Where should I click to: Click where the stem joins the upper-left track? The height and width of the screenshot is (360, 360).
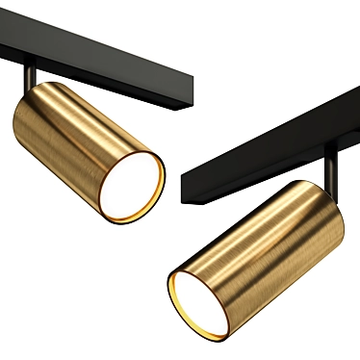[x=31, y=68]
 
